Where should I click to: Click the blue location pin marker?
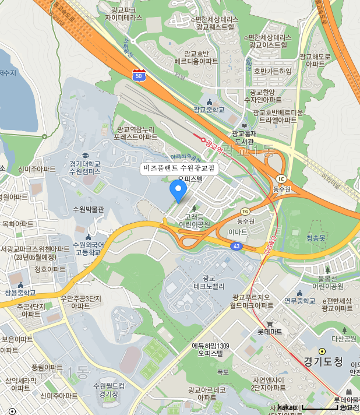coord(178,190)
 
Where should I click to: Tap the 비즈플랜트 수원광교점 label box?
coord(179,168)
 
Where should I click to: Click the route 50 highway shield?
coord(138,75)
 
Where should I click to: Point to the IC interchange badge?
coord(282,178)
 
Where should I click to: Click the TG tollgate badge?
coord(245,211)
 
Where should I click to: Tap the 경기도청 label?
coord(323,361)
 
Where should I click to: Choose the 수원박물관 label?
coord(89,209)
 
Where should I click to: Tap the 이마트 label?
coord(238,231)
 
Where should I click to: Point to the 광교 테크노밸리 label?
coord(209,282)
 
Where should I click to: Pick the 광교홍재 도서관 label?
coord(244,138)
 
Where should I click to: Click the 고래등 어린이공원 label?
coord(194,220)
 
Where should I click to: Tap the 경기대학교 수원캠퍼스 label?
coord(85,167)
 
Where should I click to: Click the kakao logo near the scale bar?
coord(287,407)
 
